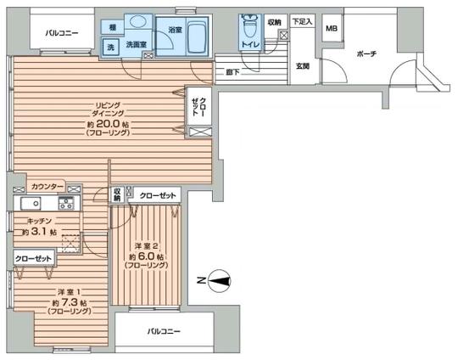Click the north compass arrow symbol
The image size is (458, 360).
(219, 279)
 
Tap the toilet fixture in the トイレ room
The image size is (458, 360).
(249, 29)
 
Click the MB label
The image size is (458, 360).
(332, 27)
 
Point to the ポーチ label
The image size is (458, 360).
(367, 53)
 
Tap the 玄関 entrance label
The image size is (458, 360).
(303, 65)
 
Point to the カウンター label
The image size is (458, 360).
(47, 186)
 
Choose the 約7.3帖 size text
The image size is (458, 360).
(65, 303)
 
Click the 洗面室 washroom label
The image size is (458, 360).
(137, 43)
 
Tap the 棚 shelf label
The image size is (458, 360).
(113, 28)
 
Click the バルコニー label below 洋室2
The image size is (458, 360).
(163, 331)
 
